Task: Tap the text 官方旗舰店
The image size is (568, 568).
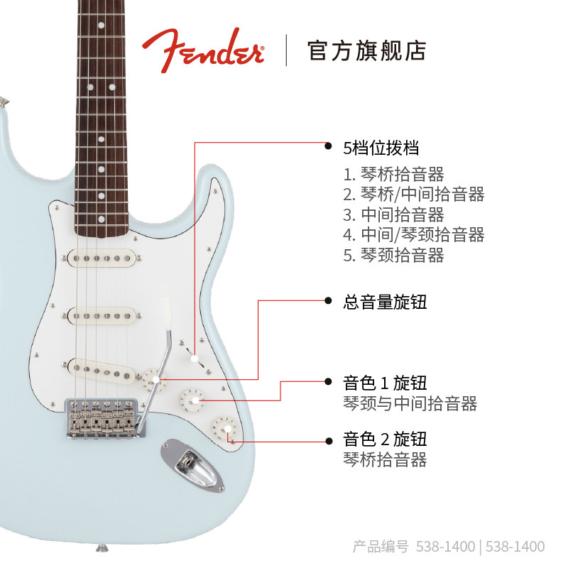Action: tap(366, 50)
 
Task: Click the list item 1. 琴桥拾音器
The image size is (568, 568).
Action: tap(393, 175)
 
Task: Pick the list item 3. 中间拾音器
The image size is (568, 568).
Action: tap(393, 215)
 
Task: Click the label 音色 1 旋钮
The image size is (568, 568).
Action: tap(386, 383)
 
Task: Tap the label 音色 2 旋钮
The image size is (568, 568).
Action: tap(386, 438)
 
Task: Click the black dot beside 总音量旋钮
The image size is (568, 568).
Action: tap(327, 301)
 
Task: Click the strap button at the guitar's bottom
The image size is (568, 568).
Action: tap(104, 547)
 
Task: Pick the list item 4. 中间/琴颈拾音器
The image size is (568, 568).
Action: tap(414, 235)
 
